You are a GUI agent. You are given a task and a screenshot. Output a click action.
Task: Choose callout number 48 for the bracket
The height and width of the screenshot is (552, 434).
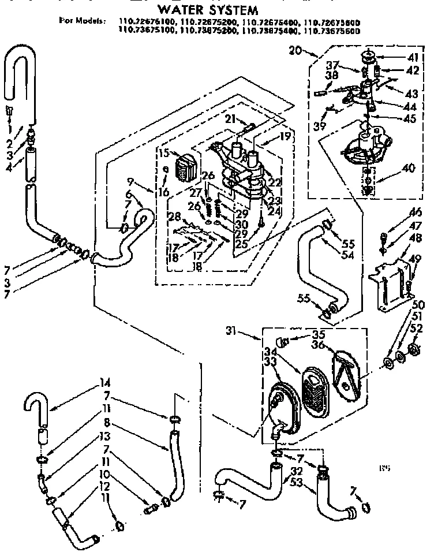414,238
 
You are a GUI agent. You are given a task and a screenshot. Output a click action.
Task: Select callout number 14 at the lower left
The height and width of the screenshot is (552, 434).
89,382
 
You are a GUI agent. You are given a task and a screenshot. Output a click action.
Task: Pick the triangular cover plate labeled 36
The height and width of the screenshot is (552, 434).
345,370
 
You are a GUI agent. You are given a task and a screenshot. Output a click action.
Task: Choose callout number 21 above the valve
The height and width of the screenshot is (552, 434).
229,119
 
